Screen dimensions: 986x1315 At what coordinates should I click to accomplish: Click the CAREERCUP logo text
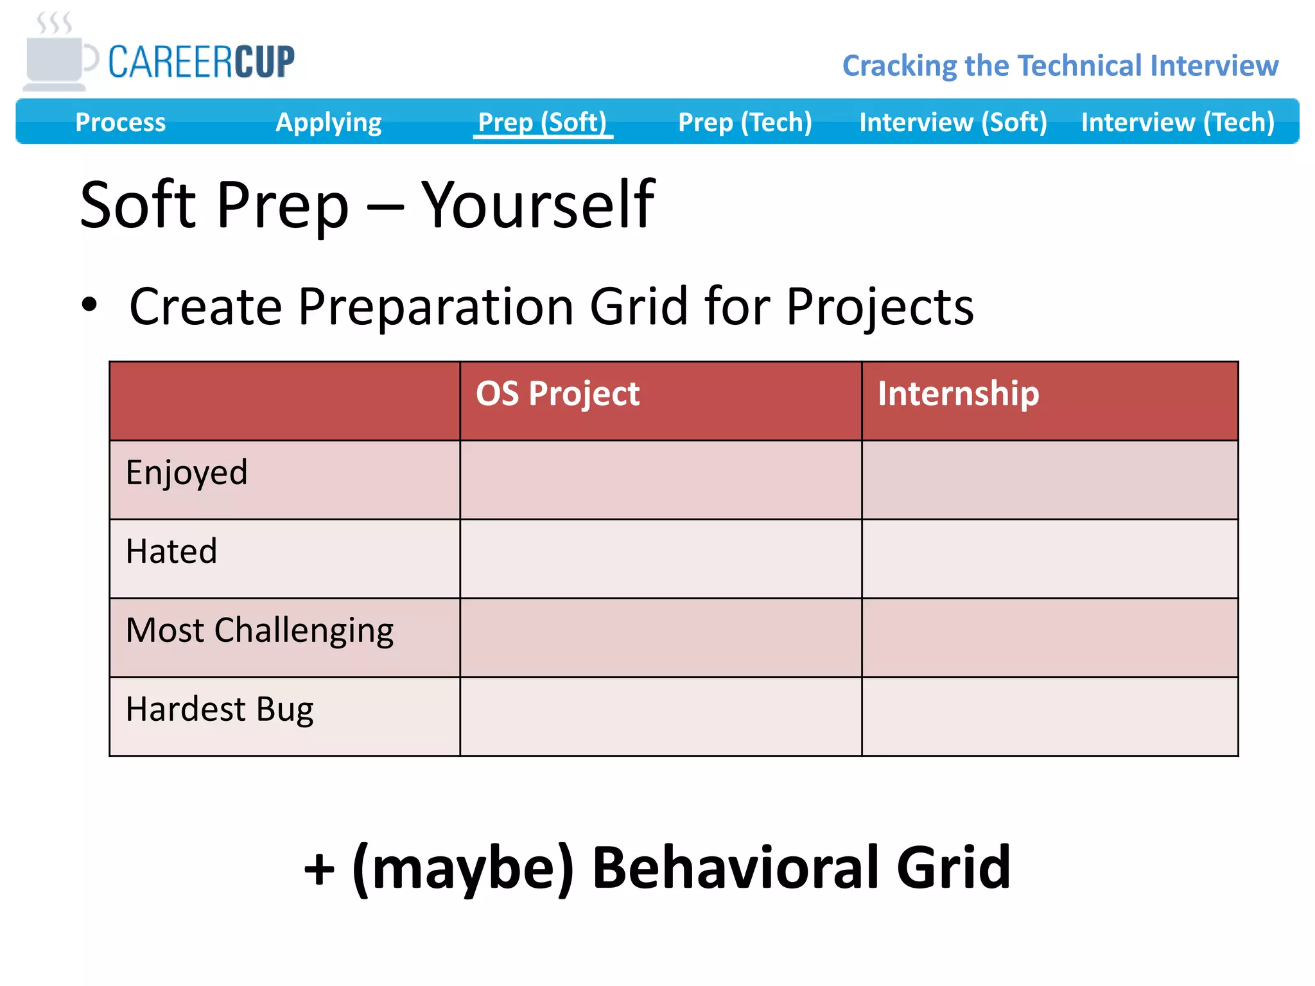click(201, 62)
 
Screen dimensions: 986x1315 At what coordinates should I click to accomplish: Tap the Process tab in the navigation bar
click(120, 122)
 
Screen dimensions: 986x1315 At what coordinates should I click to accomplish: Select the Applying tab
click(328, 122)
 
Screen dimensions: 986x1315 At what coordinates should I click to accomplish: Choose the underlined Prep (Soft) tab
click(543, 122)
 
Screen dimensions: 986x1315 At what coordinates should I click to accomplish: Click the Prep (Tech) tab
click(745, 122)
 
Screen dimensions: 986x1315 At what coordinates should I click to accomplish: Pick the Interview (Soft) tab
click(953, 122)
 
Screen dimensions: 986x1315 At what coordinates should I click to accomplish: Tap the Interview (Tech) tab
click(1178, 122)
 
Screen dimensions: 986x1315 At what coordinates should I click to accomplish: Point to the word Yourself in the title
click(538, 205)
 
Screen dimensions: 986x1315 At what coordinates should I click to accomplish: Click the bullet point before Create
click(90, 306)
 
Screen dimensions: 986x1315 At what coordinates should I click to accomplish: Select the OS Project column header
click(557, 394)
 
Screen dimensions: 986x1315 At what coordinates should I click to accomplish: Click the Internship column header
click(958, 394)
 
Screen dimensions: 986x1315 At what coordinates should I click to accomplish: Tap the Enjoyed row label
click(186, 473)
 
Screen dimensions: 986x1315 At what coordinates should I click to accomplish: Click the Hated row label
click(171, 551)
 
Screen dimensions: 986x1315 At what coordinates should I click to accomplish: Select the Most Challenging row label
click(259, 630)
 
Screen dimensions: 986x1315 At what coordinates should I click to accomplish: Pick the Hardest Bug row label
click(220, 709)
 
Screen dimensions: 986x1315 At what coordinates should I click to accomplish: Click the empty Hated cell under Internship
click(1049, 558)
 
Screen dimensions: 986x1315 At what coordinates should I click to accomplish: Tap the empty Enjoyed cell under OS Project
click(660, 480)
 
